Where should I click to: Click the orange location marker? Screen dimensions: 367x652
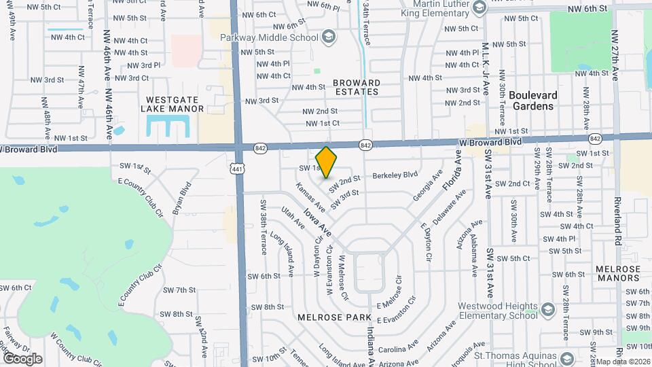coord(327,162)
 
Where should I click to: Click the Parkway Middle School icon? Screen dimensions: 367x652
coord(329,36)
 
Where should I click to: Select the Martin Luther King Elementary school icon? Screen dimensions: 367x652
coord(479,8)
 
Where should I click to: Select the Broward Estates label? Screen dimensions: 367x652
coord(356,87)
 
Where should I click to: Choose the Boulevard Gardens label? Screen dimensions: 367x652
coord(532,101)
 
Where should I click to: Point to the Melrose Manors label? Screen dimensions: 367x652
coord(618,274)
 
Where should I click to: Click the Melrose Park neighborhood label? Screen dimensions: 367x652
coord(334,317)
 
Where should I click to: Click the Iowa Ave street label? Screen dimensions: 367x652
coord(317,222)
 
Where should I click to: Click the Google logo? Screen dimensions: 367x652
coord(22,358)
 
